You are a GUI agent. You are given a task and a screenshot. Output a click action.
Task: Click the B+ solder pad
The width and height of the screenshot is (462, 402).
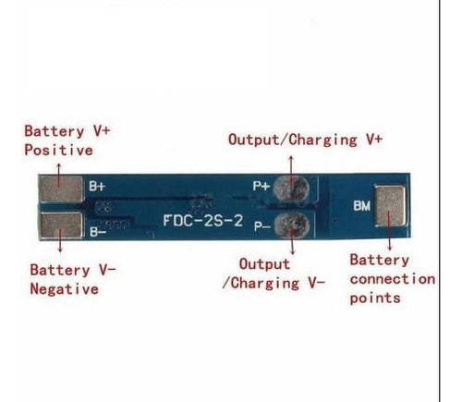(62, 189)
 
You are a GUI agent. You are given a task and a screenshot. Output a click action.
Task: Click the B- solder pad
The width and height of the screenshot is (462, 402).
(62, 225)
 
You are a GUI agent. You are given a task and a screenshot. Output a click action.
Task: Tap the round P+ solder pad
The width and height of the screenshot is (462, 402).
(291, 188)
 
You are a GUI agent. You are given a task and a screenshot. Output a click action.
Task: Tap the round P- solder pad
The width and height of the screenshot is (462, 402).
(292, 225)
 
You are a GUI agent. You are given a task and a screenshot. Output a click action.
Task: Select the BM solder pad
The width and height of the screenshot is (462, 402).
(390, 205)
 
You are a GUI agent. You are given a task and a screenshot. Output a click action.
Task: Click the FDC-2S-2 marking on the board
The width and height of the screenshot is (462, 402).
(203, 221)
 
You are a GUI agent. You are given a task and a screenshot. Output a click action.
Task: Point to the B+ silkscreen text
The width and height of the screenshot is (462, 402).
(97, 186)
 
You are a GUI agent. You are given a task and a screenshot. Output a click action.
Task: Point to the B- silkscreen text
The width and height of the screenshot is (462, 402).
(98, 231)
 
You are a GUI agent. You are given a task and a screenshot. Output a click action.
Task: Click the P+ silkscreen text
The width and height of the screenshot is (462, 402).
(261, 186)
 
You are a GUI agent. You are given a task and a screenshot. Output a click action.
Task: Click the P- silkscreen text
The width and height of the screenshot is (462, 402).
(262, 226)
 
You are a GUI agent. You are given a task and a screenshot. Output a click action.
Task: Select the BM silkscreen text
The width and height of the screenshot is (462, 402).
(362, 206)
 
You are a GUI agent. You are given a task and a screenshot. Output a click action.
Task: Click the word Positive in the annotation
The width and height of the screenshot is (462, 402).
(59, 150)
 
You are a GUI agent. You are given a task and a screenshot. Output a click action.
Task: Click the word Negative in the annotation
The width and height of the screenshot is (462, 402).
(64, 289)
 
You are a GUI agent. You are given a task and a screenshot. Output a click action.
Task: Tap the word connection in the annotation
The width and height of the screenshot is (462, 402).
(393, 279)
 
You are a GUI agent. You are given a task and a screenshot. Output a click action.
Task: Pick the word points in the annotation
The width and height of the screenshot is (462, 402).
(375, 298)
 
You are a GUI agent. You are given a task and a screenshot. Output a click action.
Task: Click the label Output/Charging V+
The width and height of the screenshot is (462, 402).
(305, 140)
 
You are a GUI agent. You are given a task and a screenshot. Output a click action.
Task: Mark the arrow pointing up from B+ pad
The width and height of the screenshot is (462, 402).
(58, 175)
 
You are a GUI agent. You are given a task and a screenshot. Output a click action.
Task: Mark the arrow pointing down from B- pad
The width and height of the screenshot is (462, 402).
(60, 240)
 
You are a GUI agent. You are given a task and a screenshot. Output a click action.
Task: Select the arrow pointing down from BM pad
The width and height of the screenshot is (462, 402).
(389, 231)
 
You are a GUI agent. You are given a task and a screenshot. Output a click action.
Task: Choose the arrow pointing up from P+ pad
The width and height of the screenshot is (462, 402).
(291, 172)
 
